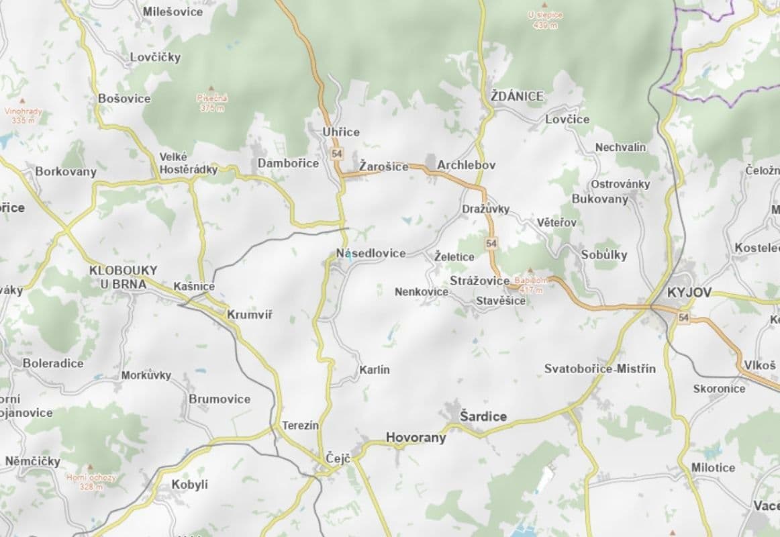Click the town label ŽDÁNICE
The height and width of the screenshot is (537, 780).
pyautogui.click(x=517, y=97)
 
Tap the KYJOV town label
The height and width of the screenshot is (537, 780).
pyautogui.click(x=689, y=293)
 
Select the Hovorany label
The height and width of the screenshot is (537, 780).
pyautogui.click(x=416, y=438)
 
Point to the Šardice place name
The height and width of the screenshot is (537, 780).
pyautogui.click(x=483, y=417)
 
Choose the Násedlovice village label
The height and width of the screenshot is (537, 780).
pyautogui.click(x=371, y=253)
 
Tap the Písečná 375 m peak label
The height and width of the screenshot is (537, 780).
pyautogui.click(x=212, y=102)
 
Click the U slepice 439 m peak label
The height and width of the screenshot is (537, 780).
pyautogui.click(x=545, y=19)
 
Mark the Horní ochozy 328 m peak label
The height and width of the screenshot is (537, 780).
pyautogui.click(x=91, y=481)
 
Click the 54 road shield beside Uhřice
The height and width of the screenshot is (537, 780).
pyautogui.click(x=336, y=154)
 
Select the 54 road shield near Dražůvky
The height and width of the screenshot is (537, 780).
pyautogui.click(x=492, y=243)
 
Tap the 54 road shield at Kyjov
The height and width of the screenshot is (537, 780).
pyautogui.click(x=683, y=317)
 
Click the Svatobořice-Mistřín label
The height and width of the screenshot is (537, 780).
pyautogui.click(x=600, y=369)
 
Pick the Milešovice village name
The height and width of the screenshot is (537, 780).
pyautogui.click(x=173, y=11)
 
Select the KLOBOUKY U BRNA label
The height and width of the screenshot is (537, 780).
pyautogui.click(x=124, y=276)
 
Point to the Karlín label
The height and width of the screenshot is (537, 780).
pyautogui.click(x=374, y=370)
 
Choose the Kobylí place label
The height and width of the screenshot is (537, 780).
pyautogui.click(x=190, y=484)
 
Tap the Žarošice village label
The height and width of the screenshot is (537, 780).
pyautogui.click(x=383, y=166)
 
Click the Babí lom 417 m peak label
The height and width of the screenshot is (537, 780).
pyautogui.click(x=530, y=284)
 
